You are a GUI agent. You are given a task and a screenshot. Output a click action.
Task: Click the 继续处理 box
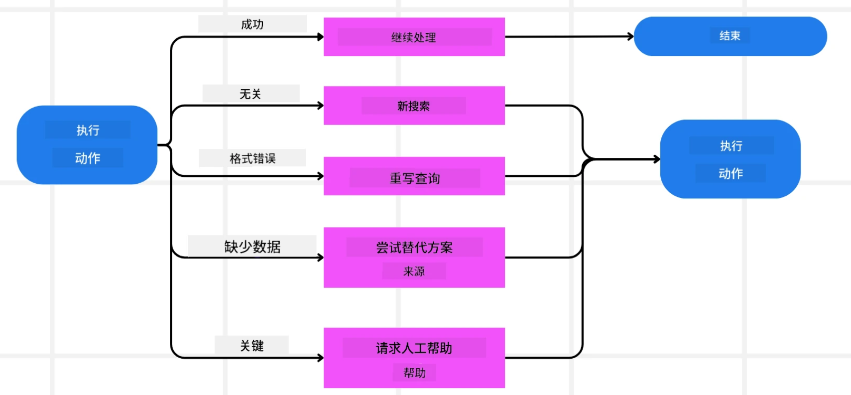pos(414,37)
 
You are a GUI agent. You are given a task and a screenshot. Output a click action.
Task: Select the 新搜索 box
pos(414,106)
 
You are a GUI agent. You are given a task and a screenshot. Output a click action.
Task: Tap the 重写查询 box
pos(414,176)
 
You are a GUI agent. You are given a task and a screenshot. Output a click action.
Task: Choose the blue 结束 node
pos(730,36)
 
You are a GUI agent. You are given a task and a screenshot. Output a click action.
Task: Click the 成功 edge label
pos(252,24)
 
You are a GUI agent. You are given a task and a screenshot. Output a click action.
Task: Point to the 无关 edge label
pos(250,94)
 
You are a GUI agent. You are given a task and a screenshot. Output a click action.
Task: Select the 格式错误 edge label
pos(252,158)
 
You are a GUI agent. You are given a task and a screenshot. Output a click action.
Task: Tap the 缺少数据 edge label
pos(252,247)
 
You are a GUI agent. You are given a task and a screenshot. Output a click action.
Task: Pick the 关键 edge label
pos(252,346)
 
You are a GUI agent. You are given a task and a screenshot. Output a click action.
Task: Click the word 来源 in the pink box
pos(414,271)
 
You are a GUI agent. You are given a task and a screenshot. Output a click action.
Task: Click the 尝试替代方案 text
pos(414,248)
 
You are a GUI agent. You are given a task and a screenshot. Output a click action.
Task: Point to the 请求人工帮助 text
pos(414,348)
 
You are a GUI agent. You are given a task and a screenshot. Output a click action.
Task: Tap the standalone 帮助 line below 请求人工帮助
pos(414,373)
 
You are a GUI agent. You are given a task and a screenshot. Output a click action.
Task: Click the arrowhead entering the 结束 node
pos(631,36)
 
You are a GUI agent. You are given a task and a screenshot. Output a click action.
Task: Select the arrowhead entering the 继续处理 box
pos(321,37)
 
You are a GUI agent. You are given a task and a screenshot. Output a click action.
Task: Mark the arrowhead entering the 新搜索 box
pos(321,106)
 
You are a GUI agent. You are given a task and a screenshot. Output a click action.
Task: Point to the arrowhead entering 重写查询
pos(321,176)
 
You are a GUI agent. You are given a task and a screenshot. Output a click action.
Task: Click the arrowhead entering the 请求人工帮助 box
pos(321,358)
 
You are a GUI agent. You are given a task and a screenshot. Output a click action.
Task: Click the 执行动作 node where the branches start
pos(87,144)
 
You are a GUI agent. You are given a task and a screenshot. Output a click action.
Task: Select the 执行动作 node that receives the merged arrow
pos(730,159)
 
